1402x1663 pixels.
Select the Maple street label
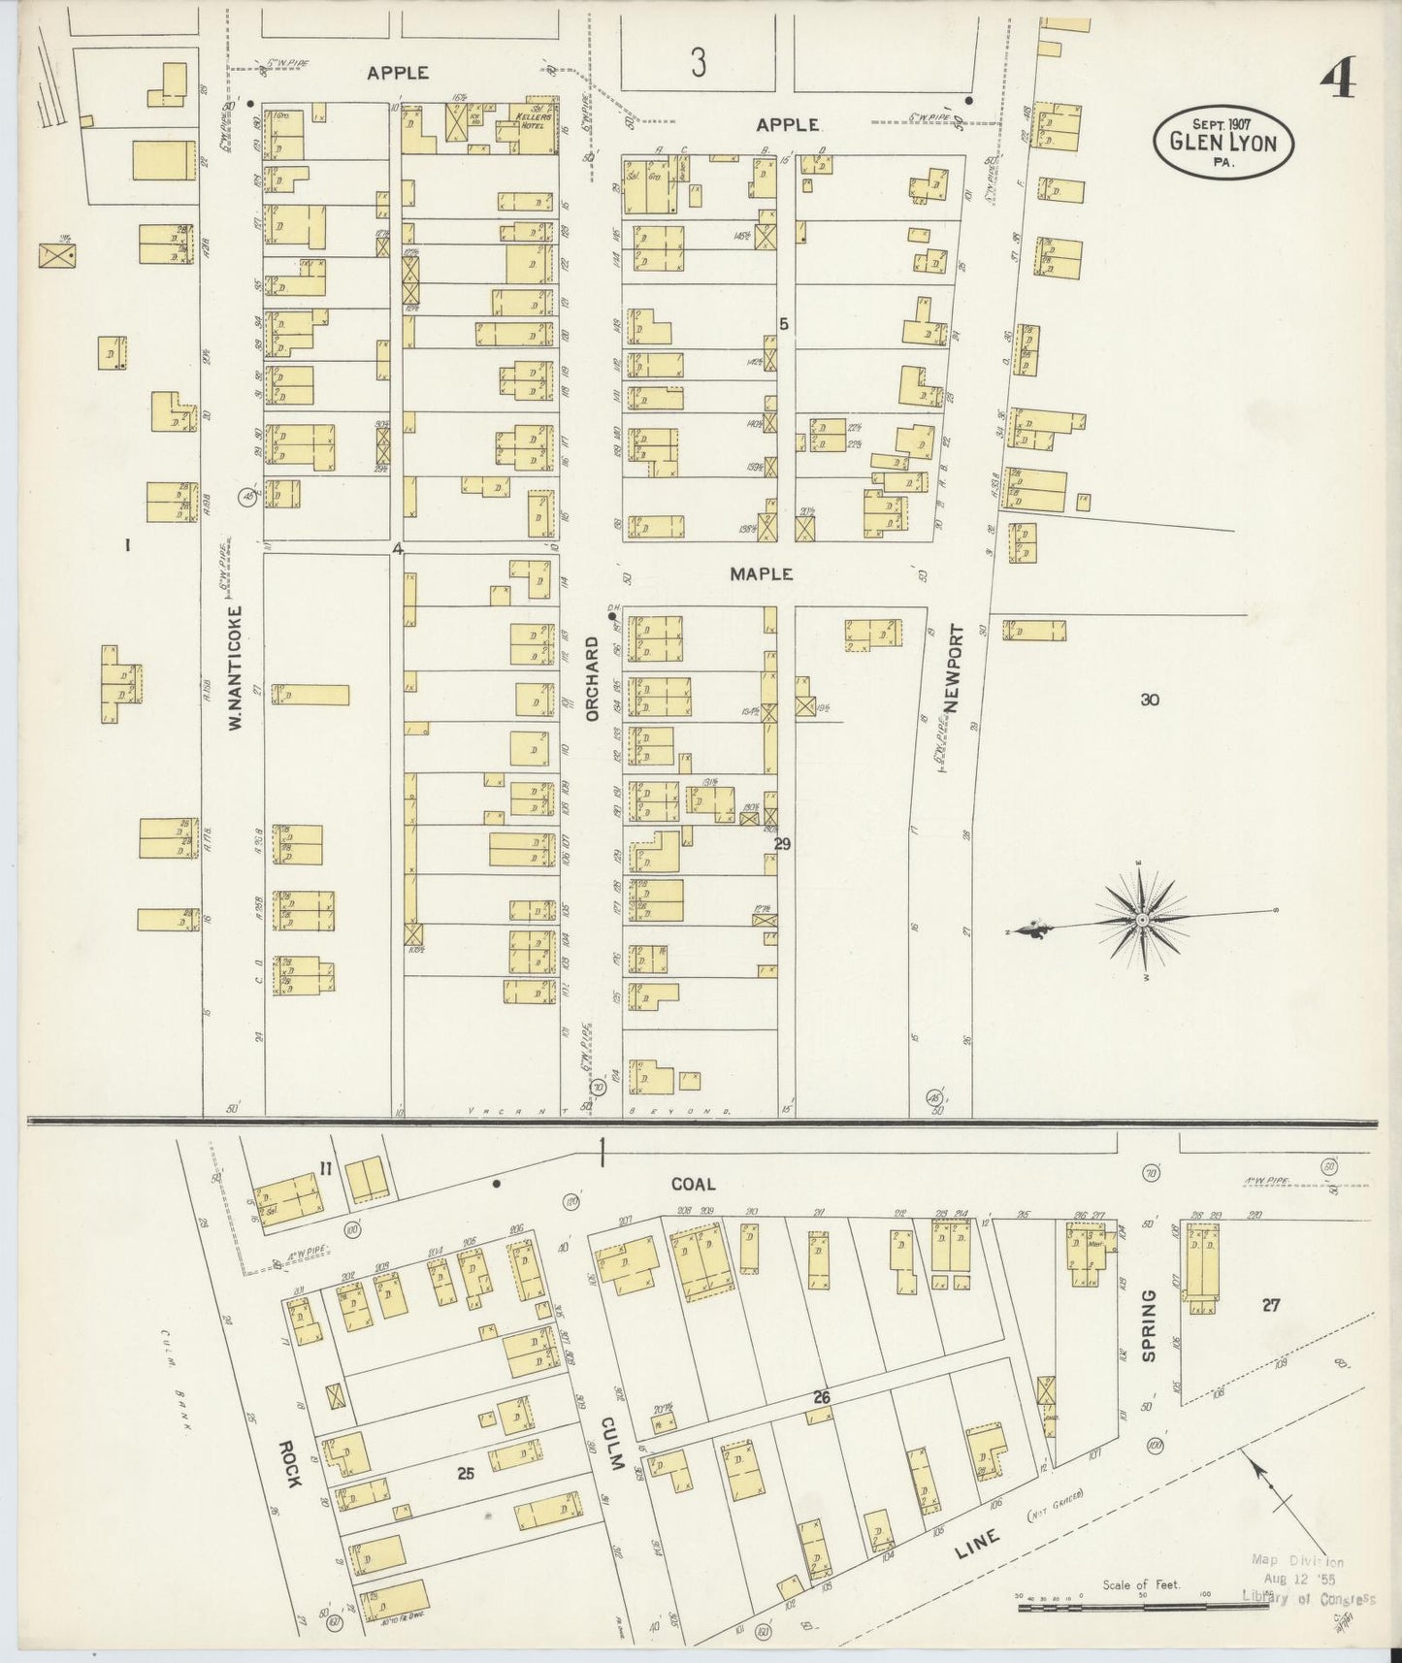pos(762,574)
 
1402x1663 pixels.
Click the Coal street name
pos(693,1184)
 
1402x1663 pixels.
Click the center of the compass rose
pos(1143,919)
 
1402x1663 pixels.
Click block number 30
pos(1150,700)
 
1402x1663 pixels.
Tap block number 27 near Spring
pos(1270,1306)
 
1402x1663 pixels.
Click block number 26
pos(822,1398)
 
